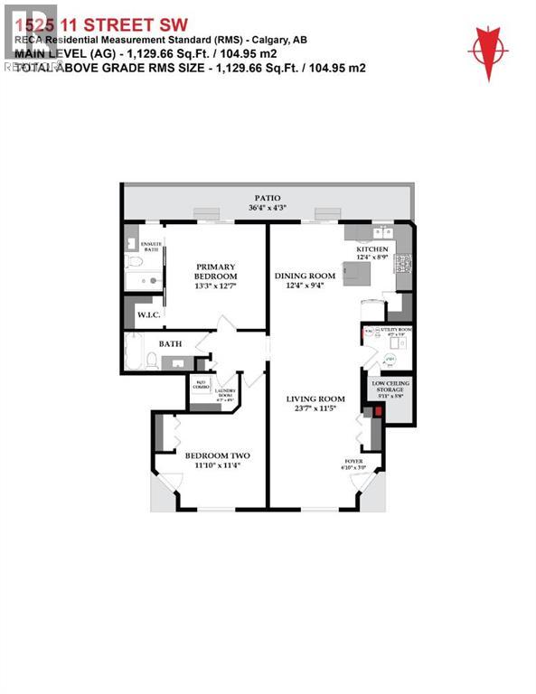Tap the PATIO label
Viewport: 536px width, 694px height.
click(267, 198)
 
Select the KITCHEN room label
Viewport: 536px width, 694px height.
click(371, 249)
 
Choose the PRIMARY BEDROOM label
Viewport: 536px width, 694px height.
click(216, 272)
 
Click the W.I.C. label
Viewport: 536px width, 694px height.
click(147, 315)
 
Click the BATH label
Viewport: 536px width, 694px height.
click(172, 343)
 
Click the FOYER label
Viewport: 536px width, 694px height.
click(353, 461)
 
